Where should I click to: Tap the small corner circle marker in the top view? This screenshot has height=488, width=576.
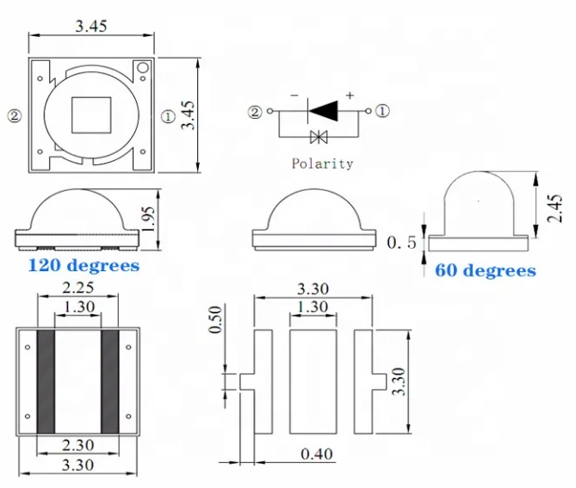pos(143,67)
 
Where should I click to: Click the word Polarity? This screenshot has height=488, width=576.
pos(322,163)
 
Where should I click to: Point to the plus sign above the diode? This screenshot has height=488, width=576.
pos(350,95)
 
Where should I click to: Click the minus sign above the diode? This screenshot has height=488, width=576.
pos(295,96)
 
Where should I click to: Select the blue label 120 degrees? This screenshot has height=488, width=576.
pos(84,265)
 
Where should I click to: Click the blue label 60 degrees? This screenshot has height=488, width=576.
pos(485,270)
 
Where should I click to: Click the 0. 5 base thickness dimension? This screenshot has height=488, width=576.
pos(400,244)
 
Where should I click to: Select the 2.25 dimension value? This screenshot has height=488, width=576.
pos(78,288)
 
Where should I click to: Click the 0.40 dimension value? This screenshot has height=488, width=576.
pos(316,454)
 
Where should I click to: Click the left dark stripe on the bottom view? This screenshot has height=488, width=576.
pos(46,381)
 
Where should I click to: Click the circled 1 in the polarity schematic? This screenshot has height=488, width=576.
pos(382,111)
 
